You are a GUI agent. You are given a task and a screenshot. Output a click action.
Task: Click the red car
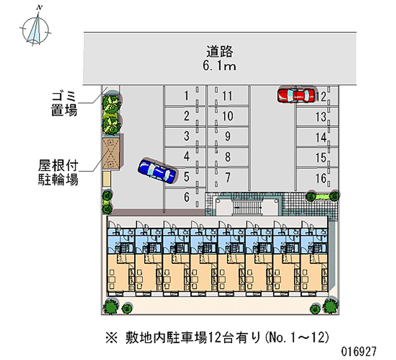tap(296, 95)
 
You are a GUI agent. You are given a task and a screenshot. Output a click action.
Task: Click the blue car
tap(156, 171)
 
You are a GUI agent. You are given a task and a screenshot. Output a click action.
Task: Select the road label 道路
tap(220, 51)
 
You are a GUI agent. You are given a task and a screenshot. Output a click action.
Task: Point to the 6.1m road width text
tap(220, 66)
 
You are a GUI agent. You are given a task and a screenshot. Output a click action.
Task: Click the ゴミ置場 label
tap(63, 103)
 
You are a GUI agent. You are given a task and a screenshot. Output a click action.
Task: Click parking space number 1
tap(187, 96)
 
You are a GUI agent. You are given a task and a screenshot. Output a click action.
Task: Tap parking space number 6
tap(187, 197)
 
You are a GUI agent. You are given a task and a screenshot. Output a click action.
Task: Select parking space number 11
tap(227, 96)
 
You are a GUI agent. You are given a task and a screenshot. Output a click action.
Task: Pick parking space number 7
tap(228, 177)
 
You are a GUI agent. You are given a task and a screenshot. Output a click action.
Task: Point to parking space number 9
tap(228, 136)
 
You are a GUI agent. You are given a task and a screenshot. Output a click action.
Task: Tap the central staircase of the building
tap(247, 205)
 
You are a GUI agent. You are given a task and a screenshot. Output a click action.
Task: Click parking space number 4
tap(187, 156)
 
